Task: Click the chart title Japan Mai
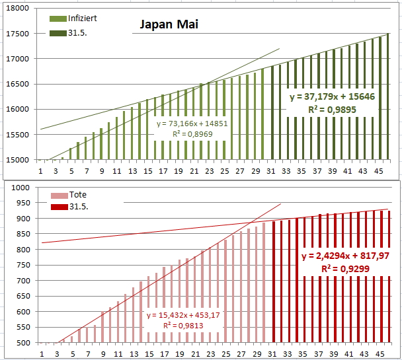pyautogui.click(x=169, y=25)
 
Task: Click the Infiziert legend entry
pyautogui.click(x=83, y=18)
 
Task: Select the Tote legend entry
pyautogui.click(x=78, y=195)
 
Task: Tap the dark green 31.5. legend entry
pyautogui.click(x=77, y=32)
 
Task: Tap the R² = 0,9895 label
pyautogui.click(x=332, y=110)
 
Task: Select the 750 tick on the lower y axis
pyautogui.click(x=23, y=266)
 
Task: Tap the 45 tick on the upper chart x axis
pyautogui.click(x=380, y=170)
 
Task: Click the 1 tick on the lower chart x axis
pyautogui.click(x=41, y=354)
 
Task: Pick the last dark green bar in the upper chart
pyautogui.click(x=388, y=96)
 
